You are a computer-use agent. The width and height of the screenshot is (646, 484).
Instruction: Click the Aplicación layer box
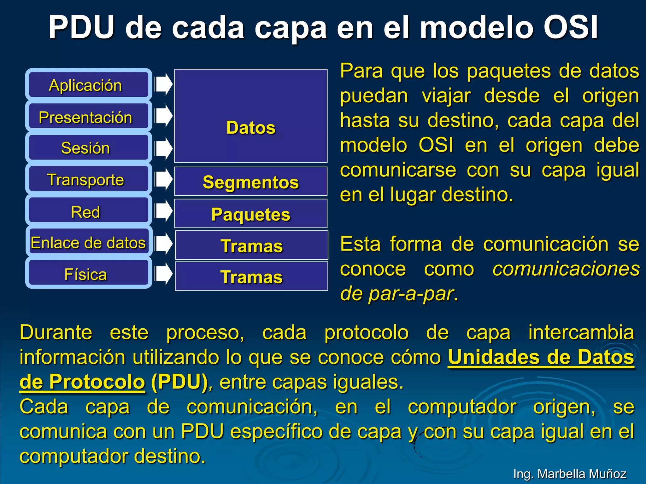point(89,85)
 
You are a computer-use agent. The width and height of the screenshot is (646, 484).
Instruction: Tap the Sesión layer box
point(89,148)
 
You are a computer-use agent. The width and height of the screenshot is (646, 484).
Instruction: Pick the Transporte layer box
point(89,179)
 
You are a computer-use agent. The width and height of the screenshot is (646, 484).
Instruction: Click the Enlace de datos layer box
point(89,242)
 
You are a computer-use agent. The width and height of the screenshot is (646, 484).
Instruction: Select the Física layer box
point(89,274)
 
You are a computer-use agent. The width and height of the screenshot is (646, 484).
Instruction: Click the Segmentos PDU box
point(251,182)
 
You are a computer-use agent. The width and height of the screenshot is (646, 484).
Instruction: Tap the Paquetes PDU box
point(251,214)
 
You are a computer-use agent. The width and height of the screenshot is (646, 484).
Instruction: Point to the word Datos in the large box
point(251,128)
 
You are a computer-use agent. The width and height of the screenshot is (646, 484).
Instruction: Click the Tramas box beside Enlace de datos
point(251,245)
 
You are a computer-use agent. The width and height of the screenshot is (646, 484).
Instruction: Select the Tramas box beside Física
point(251,276)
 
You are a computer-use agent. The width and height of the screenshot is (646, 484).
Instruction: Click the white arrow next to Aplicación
point(164,84)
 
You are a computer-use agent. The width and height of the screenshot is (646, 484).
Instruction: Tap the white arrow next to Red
point(164,210)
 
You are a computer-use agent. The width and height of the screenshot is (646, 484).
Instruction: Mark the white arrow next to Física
point(164,273)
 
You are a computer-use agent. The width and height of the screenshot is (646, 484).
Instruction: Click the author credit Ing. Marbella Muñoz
point(570,474)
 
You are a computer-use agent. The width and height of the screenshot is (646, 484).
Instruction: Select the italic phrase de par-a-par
point(397,294)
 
